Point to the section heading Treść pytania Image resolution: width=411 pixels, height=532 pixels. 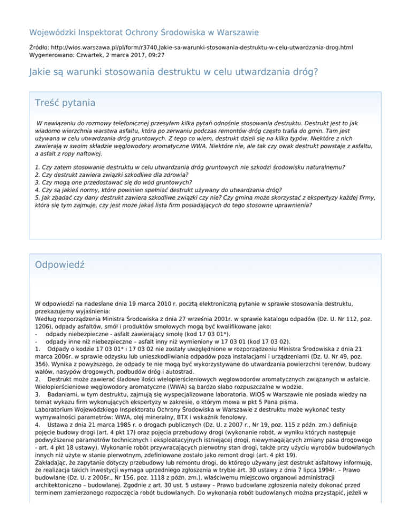[65, 102]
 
